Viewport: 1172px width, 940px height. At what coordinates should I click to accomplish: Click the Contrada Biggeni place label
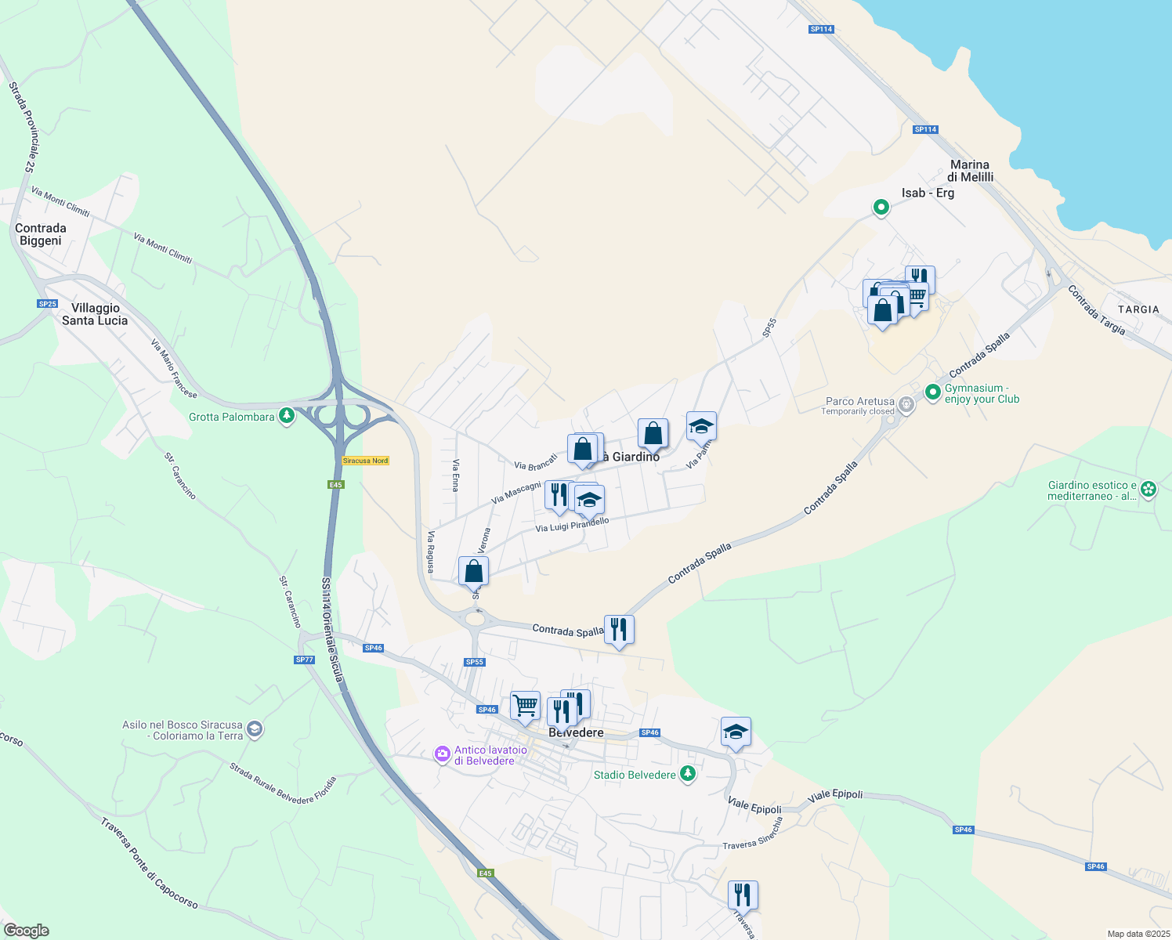tap(41, 234)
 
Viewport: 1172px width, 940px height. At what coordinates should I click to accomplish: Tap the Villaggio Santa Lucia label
tap(95, 314)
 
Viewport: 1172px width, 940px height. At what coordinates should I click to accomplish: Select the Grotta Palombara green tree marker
tap(287, 416)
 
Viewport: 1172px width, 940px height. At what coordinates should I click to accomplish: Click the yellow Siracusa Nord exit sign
tap(365, 461)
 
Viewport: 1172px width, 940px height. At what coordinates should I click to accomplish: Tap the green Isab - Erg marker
tap(881, 208)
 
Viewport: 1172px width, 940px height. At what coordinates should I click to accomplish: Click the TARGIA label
tap(1138, 309)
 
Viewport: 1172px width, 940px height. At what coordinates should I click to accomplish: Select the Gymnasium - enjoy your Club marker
tap(932, 392)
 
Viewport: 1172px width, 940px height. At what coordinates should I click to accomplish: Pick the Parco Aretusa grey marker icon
tap(906, 405)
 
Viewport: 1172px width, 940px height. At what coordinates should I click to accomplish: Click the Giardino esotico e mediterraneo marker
tap(1148, 490)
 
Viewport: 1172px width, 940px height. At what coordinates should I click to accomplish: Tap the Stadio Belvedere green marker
tap(688, 774)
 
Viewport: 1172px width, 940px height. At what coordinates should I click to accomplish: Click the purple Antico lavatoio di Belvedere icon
tap(443, 754)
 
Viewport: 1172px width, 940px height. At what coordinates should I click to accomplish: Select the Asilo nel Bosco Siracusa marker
tap(254, 729)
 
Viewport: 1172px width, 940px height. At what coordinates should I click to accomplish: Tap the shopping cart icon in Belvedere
tap(525, 704)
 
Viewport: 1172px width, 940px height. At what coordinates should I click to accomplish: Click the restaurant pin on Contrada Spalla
tap(619, 628)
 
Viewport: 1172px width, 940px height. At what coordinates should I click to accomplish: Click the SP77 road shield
tap(304, 660)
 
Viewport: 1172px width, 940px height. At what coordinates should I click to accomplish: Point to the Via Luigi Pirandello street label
tap(572, 525)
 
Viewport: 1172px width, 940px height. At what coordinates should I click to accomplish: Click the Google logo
tap(27, 931)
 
